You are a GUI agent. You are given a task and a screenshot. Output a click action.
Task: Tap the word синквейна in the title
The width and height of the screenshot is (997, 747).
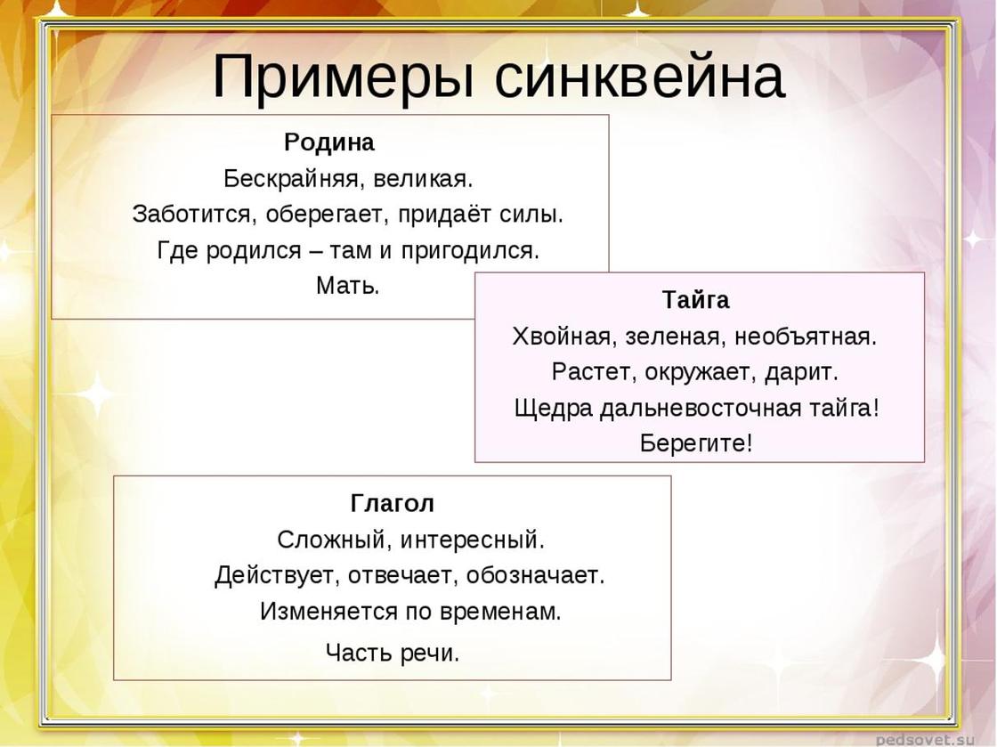click(640, 77)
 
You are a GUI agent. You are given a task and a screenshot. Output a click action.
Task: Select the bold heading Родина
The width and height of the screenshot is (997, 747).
click(329, 142)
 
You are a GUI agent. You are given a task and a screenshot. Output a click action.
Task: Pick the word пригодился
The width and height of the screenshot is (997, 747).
click(470, 250)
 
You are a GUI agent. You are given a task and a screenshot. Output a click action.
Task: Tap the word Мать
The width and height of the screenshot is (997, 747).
click(348, 286)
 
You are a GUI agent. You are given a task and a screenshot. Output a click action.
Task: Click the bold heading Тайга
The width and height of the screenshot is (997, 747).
click(695, 299)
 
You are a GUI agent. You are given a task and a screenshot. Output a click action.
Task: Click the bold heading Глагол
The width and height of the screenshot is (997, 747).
click(393, 504)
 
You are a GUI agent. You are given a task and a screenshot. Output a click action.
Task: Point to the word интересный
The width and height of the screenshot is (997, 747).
click(473, 540)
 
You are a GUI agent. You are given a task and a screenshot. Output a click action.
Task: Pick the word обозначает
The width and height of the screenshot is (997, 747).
click(535, 575)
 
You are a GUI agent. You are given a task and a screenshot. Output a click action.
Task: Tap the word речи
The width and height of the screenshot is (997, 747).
click(430, 653)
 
